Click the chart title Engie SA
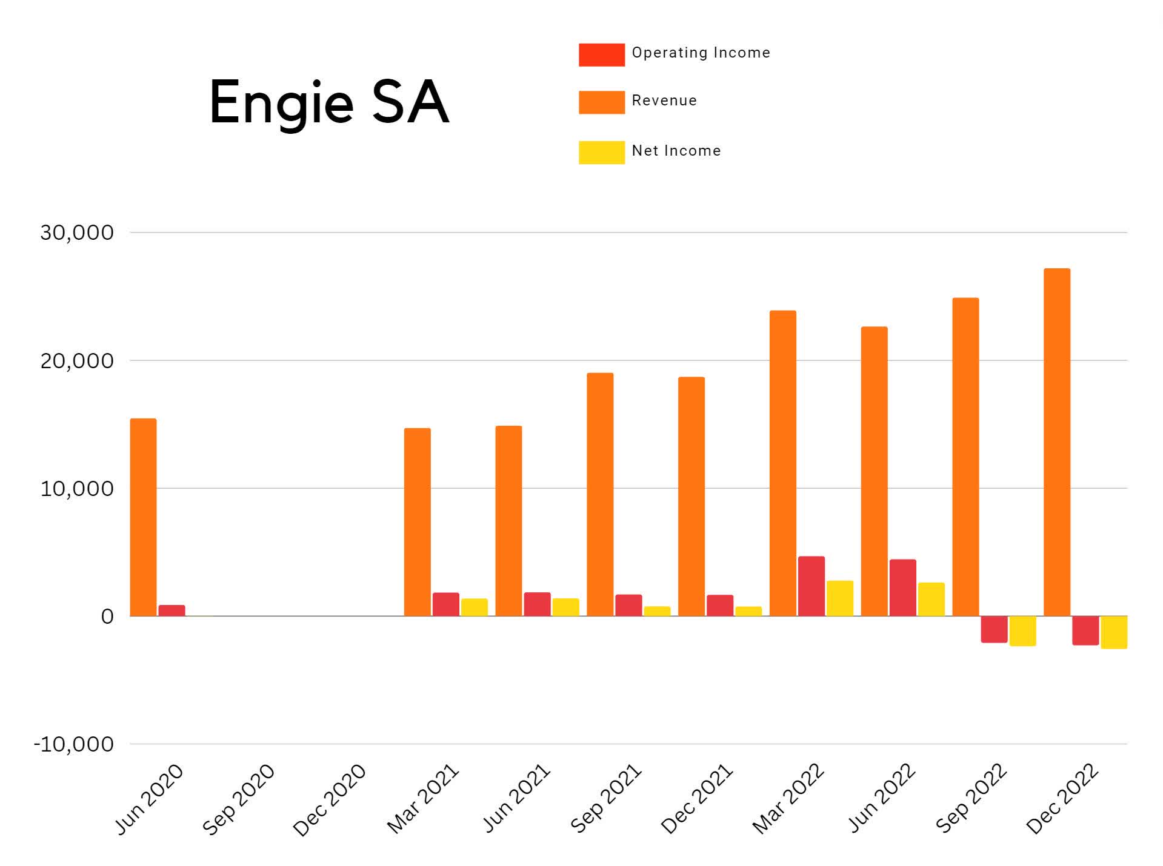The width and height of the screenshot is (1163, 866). [x=329, y=103]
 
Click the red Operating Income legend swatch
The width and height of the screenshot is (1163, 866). [x=601, y=55]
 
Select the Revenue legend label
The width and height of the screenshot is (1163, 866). [x=664, y=101]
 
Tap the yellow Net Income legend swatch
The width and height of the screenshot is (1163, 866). [x=601, y=152]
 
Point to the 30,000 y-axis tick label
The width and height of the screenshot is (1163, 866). [x=77, y=233]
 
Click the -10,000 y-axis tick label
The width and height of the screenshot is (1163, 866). [x=73, y=744]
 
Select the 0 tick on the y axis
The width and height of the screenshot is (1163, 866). [x=107, y=616]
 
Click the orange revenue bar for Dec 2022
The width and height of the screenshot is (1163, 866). [x=1056, y=442]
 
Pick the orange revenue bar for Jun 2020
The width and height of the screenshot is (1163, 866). [x=143, y=517]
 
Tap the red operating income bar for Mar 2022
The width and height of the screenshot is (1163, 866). [x=811, y=586]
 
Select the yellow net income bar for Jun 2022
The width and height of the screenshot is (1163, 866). [x=931, y=600]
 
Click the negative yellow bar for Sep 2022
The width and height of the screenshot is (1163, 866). [x=1022, y=631]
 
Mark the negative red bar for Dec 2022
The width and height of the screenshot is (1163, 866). [x=1085, y=630]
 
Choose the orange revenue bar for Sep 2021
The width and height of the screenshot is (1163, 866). [x=600, y=494]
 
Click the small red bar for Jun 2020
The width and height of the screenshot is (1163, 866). [x=172, y=610]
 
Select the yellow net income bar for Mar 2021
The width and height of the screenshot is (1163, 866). [x=474, y=607]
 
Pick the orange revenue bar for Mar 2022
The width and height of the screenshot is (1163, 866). [x=782, y=463]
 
